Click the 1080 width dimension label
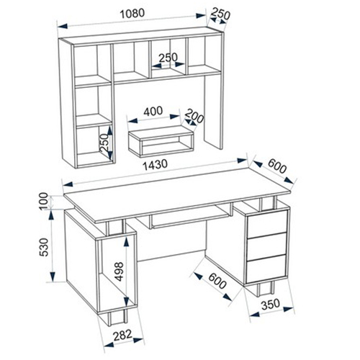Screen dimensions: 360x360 tap(132, 14)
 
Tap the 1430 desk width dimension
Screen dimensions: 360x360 tap(155, 165)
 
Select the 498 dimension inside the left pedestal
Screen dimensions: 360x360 tap(119, 271)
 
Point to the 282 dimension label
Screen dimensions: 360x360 tap(122, 336)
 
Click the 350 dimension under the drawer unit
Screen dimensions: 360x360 tap(271, 305)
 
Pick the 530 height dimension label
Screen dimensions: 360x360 tap(45, 247)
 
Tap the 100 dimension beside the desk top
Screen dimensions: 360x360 tap(44, 201)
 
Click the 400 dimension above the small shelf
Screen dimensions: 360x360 tap(153, 111)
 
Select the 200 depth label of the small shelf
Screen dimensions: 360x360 tap(195, 116)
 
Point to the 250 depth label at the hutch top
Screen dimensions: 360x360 tap(220, 15)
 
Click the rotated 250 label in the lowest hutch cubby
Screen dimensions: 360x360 tap(104, 143)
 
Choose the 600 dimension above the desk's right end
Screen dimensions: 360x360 tap(277, 166)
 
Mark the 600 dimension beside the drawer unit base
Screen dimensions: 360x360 tap(217, 281)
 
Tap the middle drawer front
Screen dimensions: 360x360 tap(266, 247)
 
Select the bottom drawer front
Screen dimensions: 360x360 tap(266, 269)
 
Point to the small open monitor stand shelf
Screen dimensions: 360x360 tap(161, 140)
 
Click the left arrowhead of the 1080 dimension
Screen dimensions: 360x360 tap(62, 26)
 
